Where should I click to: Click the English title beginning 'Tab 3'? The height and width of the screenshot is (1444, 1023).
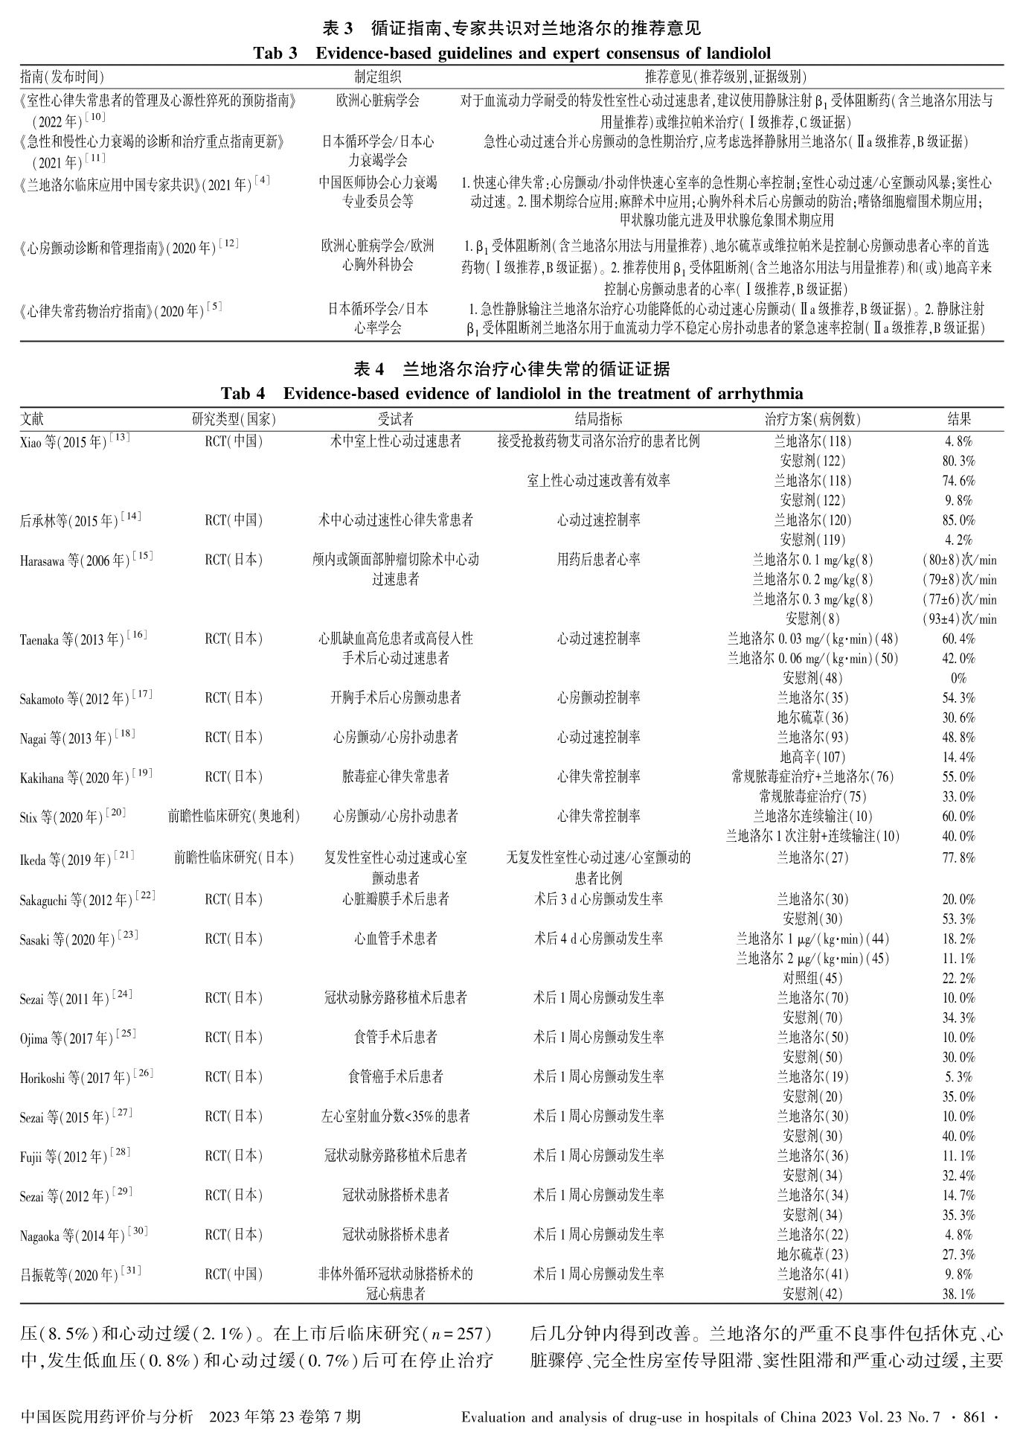click(x=511, y=53)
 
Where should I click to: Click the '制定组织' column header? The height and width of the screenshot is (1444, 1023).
click(x=377, y=77)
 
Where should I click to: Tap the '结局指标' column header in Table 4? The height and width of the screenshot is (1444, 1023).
click(x=598, y=420)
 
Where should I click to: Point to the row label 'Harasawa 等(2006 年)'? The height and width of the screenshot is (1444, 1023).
click(x=86, y=560)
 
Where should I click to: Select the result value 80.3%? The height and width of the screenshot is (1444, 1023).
click(x=958, y=461)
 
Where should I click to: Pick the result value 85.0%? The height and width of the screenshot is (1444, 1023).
click(x=958, y=520)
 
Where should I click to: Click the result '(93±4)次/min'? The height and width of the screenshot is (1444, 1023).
click(x=958, y=619)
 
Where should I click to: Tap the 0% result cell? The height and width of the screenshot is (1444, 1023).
click(x=958, y=678)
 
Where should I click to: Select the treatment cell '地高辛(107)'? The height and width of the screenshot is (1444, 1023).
click(x=812, y=757)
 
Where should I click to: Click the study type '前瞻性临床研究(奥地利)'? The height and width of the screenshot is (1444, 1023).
click(x=234, y=817)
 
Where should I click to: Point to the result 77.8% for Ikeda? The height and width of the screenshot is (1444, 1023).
click(x=958, y=857)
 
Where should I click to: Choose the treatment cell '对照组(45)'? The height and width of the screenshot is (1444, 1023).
click(x=812, y=978)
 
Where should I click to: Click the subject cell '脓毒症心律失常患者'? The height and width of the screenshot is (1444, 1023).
click(x=395, y=777)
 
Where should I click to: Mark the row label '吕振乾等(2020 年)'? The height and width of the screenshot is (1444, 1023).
click(x=80, y=1275)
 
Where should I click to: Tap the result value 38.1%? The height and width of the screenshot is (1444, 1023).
click(x=958, y=1294)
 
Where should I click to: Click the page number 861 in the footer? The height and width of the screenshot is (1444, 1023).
click(x=974, y=1416)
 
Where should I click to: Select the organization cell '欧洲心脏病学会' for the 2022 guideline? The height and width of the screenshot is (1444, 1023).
click(x=377, y=100)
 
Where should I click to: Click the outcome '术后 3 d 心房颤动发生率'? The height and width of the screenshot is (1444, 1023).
click(x=598, y=899)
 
